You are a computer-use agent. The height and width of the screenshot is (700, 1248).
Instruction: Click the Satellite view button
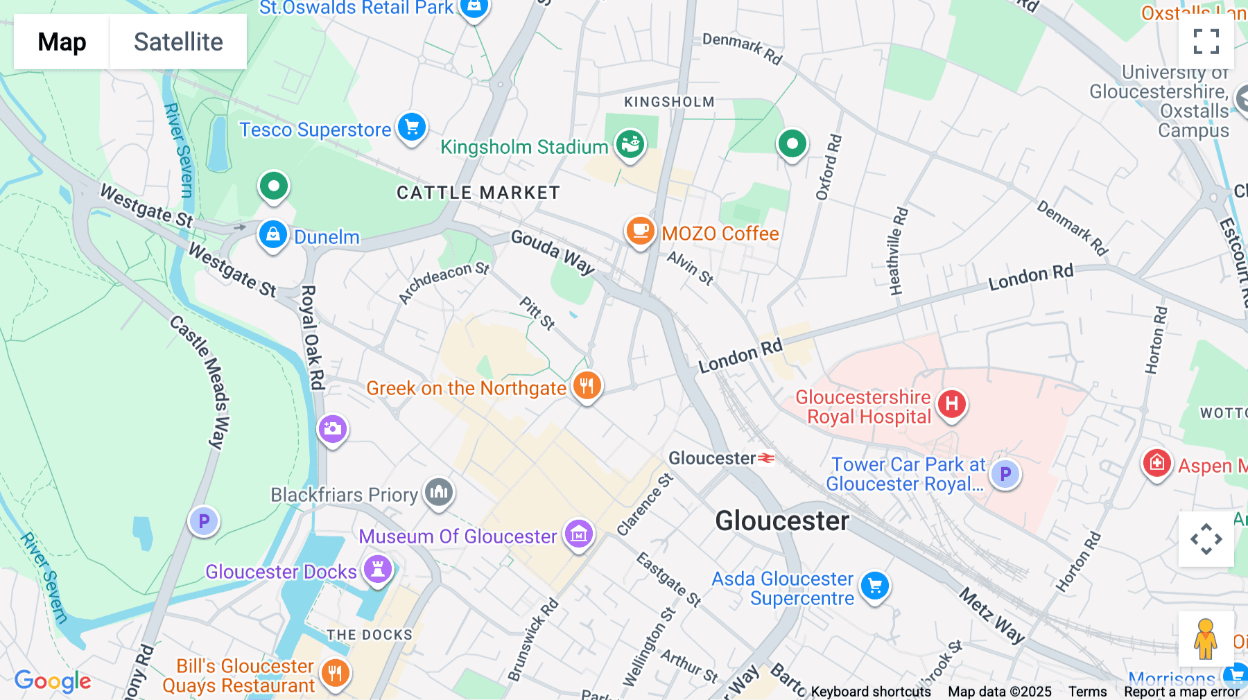(x=178, y=42)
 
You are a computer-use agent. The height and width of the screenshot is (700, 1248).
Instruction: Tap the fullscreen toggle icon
(x=1206, y=42)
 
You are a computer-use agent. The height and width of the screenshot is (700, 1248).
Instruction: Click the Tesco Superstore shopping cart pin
(x=412, y=128)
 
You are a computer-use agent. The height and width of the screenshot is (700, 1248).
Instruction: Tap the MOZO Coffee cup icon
(x=640, y=231)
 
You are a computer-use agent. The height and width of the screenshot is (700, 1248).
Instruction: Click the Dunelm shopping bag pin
(x=273, y=235)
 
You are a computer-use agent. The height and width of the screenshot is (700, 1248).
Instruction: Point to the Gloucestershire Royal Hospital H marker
(x=952, y=403)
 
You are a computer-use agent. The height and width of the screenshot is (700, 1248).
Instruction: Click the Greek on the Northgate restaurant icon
(x=587, y=385)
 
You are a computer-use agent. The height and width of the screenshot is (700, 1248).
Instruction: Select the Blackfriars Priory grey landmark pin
(x=439, y=493)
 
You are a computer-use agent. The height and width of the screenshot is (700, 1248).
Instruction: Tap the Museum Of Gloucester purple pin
(x=578, y=534)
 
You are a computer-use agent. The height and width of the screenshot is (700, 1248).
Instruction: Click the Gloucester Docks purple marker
(x=378, y=570)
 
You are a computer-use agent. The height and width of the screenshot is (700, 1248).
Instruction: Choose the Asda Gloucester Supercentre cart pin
(x=875, y=586)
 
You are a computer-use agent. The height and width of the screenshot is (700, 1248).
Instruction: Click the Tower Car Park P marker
(x=1005, y=475)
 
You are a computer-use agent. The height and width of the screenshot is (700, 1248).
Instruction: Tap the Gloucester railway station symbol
(x=766, y=458)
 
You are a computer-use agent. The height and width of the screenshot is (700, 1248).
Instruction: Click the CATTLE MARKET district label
(x=478, y=193)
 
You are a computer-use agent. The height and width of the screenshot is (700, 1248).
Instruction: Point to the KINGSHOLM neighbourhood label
(x=668, y=102)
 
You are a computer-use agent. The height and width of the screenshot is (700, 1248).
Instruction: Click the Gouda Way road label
(x=553, y=252)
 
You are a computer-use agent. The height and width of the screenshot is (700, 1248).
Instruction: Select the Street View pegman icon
(x=1205, y=639)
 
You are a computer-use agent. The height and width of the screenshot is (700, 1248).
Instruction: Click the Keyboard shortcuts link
(x=871, y=691)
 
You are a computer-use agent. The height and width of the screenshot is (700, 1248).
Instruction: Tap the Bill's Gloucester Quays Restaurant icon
(x=335, y=672)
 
